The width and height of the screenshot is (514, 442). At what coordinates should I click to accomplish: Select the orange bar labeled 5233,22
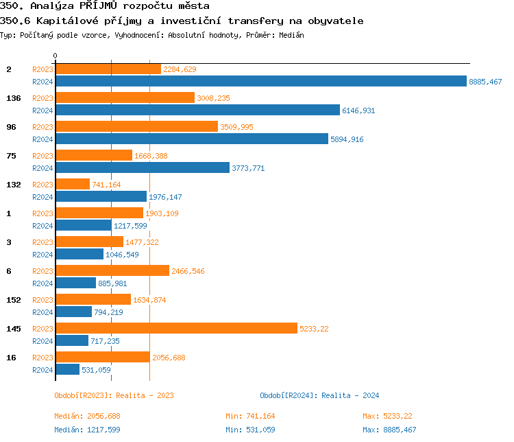tap(176, 328)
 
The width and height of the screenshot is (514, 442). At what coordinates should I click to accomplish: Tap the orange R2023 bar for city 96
tap(136, 126)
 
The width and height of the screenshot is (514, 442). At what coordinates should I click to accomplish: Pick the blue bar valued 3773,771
tap(143, 167)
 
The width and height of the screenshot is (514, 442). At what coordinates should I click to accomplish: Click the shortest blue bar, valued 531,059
tap(67, 369)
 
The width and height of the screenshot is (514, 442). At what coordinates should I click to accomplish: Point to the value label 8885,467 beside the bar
tap(485, 82)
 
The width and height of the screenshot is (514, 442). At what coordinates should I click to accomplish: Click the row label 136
tap(13, 98)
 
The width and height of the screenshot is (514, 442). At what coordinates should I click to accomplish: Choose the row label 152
tap(13, 300)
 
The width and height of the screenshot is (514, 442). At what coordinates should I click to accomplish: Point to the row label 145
tap(13, 329)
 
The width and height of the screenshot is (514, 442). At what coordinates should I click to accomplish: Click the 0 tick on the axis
tap(56, 56)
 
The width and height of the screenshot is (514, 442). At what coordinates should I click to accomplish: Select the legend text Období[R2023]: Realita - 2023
tap(114, 395)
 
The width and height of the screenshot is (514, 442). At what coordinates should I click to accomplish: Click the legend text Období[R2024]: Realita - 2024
tap(319, 395)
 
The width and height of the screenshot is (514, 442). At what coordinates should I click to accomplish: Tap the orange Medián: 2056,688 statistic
tap(87, 416)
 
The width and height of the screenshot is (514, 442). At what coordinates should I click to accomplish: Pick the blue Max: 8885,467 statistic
tap(389, 430)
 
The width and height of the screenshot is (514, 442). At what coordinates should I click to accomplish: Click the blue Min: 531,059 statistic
tap(250, 430)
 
